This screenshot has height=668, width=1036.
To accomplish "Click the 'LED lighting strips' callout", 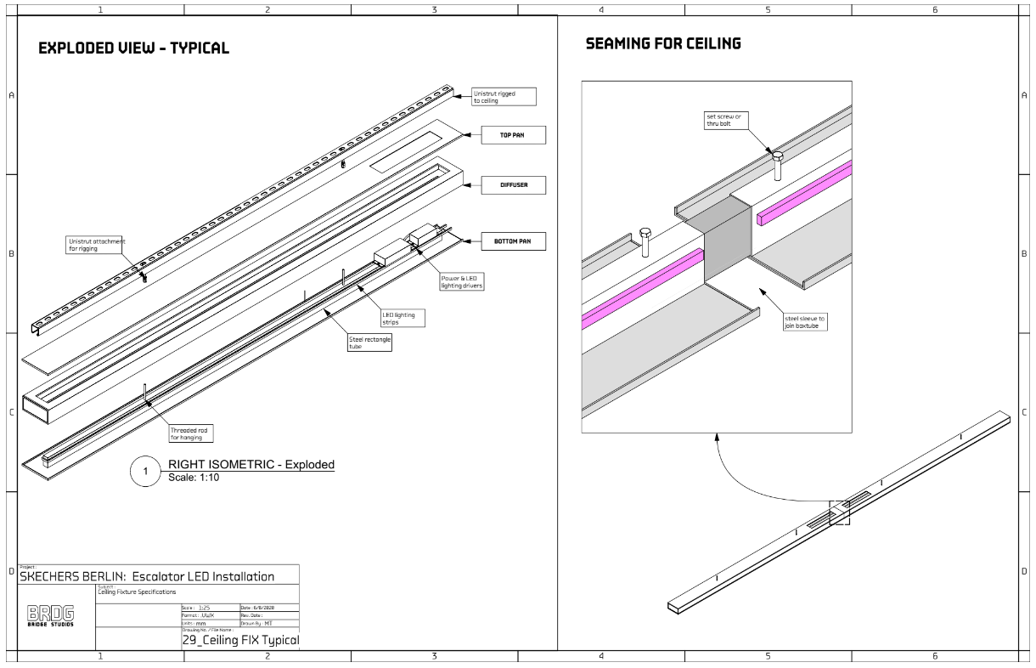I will point(402,318).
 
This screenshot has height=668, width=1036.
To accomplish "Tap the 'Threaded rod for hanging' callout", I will point(191,434).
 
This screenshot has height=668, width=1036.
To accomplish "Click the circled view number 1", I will point(145,473).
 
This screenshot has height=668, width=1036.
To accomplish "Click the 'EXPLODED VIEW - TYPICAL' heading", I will point(134,48).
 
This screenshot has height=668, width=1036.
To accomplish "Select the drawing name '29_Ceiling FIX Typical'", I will point(241,640).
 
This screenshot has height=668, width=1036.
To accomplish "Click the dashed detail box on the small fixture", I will point(839,513).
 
